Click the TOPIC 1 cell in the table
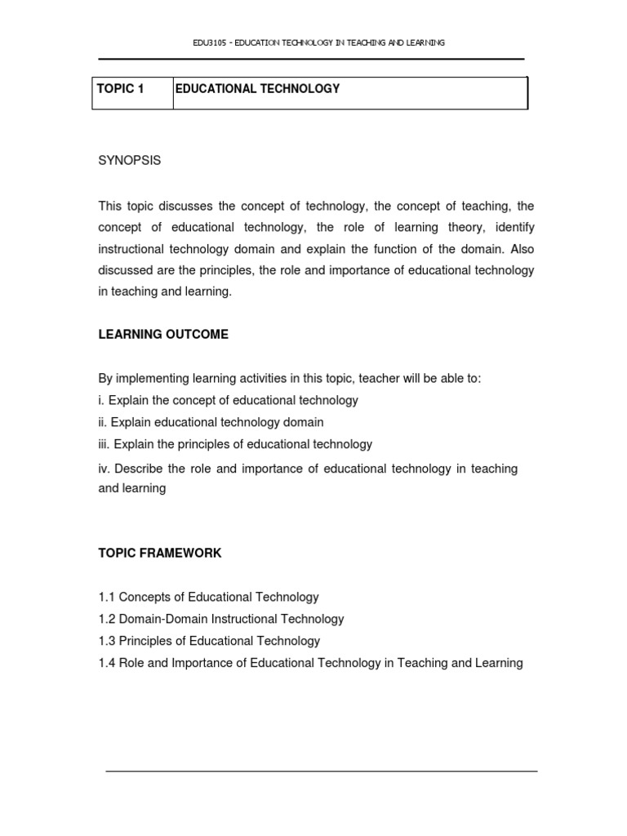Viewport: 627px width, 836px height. [x=120, y=89]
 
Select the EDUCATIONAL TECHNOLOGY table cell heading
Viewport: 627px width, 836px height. [x=257, y=89]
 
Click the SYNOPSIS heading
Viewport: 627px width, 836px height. [x=130, y=161]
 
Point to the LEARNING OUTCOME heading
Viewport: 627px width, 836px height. [x=163, y=335]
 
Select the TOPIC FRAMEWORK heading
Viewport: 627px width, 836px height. [x=160, y=554]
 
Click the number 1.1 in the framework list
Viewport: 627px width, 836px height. [x=107, y=598]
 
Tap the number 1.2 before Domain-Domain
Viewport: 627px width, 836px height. [x=107, y=620]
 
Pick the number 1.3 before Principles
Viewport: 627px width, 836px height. [x=107, y=642]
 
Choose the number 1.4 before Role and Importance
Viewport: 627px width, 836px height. [x=107, y=664]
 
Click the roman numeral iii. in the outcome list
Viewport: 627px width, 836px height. [x=104, y=445]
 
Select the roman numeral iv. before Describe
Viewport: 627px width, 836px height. [x=104, y=469]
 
